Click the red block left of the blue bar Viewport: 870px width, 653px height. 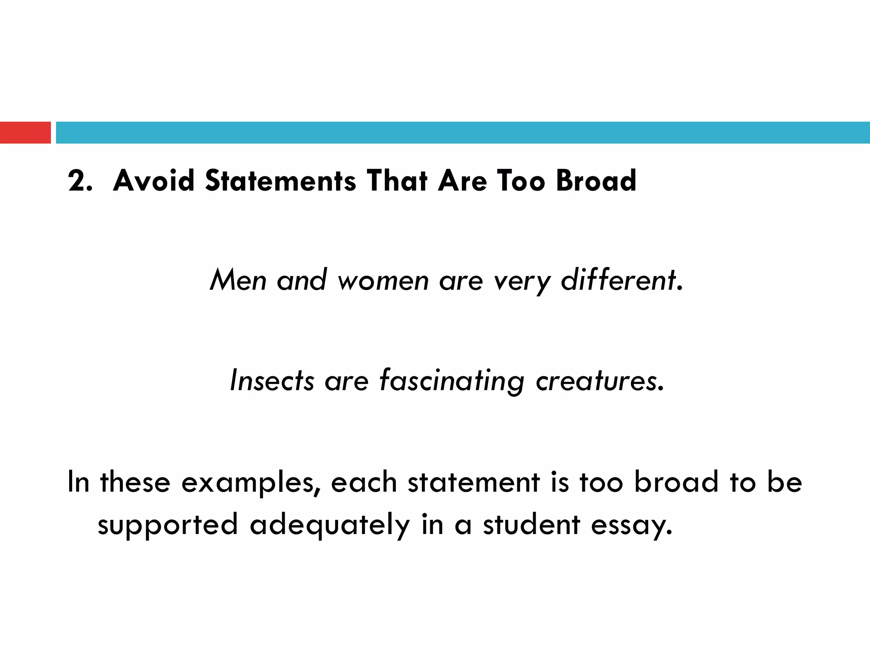point(25,133)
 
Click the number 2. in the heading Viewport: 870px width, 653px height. point(80,181)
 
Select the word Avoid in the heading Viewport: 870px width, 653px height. point(154,181)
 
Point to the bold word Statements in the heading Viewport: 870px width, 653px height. point(280,181)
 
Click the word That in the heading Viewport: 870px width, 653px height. point(397,181)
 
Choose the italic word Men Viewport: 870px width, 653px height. point(238,281)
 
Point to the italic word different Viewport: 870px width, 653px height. point(621,281)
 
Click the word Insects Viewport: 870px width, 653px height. point(272,380)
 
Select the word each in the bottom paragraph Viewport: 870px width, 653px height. point(364,482)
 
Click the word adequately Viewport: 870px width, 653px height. point(330,525)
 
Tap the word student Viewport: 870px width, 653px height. point(531,525)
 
